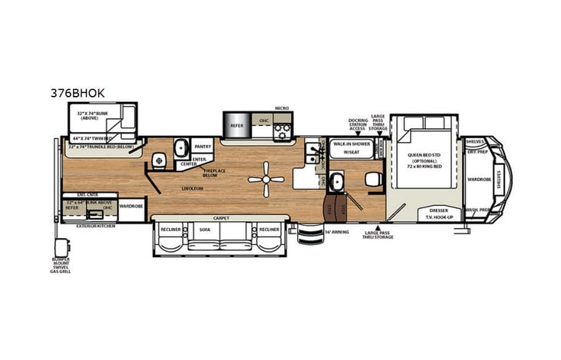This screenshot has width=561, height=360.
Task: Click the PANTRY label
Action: [203, 146]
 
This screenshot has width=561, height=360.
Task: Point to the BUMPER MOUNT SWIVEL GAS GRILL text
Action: [61, 264]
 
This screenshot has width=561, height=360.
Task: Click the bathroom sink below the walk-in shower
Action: [335, 183]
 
